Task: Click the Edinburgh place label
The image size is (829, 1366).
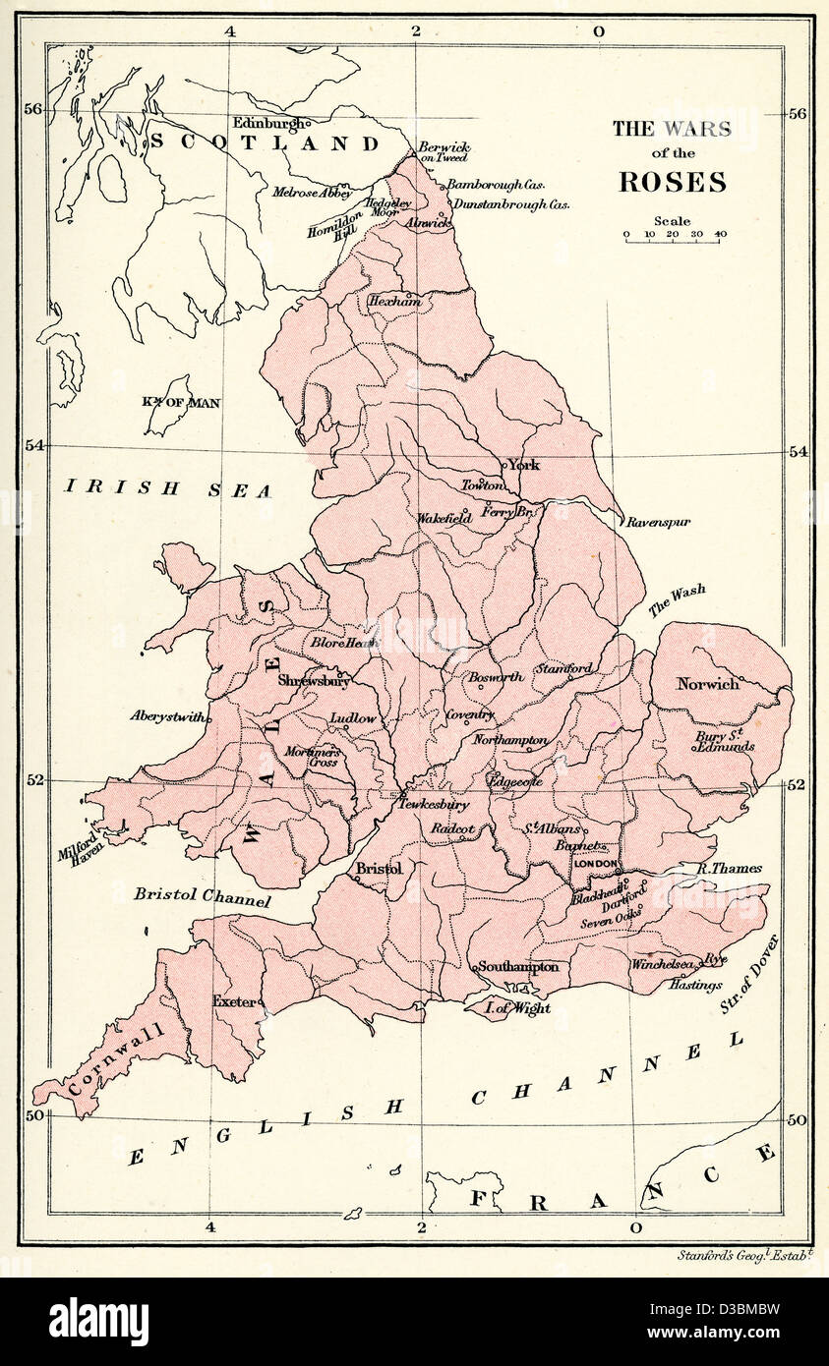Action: point(268,123)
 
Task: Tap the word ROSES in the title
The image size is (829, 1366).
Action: point(672,183)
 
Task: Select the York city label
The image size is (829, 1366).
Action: point(524,465)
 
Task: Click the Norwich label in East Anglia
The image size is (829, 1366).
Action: point(707,684)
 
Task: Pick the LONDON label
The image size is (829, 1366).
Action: point(597,864)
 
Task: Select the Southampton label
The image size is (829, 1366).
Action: point(519,967)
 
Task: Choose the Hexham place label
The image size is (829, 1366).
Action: point(394,302)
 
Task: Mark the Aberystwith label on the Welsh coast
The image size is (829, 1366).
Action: point(167,716)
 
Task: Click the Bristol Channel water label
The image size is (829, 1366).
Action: point(203,896)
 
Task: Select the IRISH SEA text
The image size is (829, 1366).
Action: point(167,488)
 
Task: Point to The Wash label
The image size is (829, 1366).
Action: point(676,601)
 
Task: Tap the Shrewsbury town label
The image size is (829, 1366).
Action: point(314,680)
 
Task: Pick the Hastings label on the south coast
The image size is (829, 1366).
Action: point(695,985)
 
